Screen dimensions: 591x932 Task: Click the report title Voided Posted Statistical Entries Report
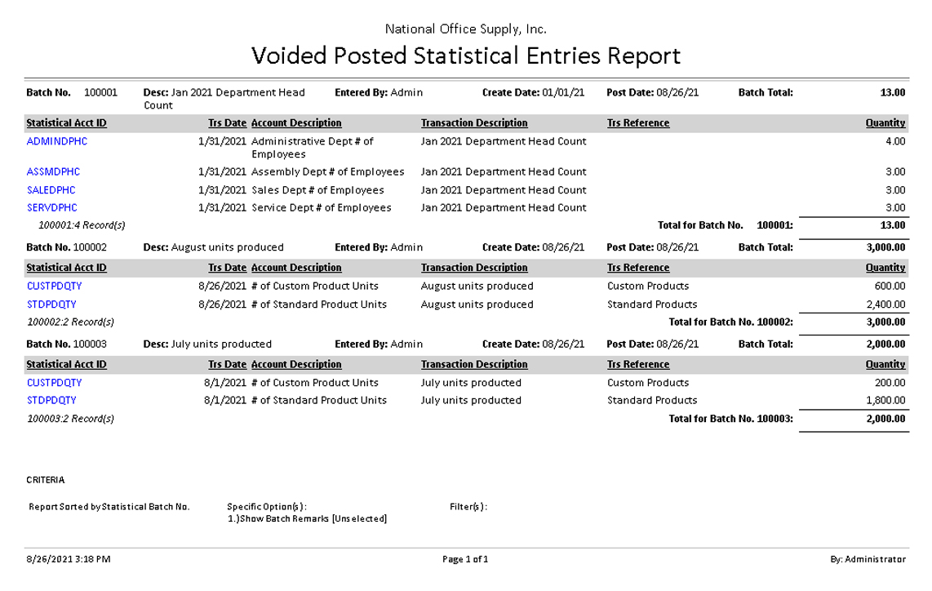pyautogui.click(x=465, y=56)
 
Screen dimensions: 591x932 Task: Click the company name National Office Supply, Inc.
pyautogui.click(x=465, y=29)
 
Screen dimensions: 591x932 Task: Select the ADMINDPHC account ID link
pyautogui.click(x=57, y=141)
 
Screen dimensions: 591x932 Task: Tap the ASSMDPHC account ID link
pyautogui.click(x=54, y=172)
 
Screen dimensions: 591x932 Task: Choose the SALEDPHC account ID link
pyautogui.click(x=51, y=190)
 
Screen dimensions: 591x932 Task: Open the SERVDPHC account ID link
pyautogui.click(x=52, y=208)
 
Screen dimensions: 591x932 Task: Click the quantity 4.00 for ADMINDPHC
pyautogui.click(x=895, y=141)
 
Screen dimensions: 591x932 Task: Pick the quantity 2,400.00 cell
pyautogui.click(x=885, y=304)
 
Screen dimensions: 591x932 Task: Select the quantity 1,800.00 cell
pyautogui.click(x=885, y=401)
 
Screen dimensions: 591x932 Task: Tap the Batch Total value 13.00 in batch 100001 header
pyautogui.click(x=892, y=93)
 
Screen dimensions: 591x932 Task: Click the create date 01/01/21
pyautogui.click(x=563, y=93)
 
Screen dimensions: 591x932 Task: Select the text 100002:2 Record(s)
pyautogui.click(x=70, y=322)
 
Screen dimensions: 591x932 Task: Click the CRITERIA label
pyautogui.click(x=46, y=480)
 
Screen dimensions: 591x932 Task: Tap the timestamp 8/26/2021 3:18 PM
pyautogui.click(x=69, y=559)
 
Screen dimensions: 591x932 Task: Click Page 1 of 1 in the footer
pyautogui.click(x=465, y=559)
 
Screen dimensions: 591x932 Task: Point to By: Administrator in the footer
pyautogui.click(x=868, y=559)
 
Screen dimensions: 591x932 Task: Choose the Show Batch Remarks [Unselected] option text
pyautogui.click(x=308, y=519)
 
